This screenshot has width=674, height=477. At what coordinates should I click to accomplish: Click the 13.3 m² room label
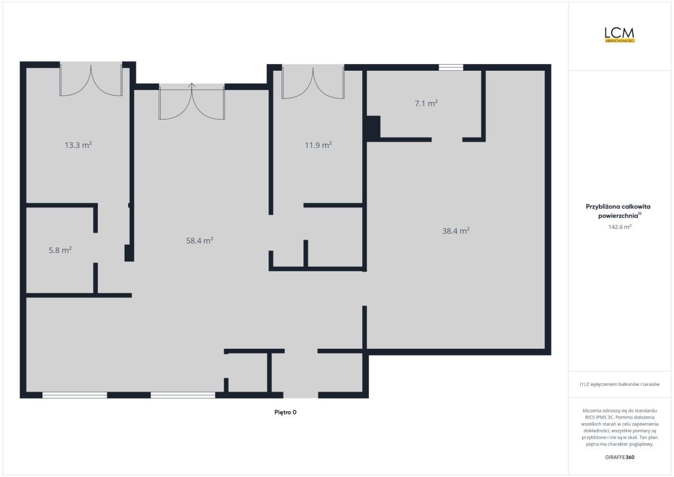coord(78,145)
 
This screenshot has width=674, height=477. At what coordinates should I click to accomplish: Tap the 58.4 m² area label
coord(199,240)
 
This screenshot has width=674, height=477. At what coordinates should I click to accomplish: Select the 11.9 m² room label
coord(318,145)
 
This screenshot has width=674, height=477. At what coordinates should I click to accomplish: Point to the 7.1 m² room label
coord(426,103)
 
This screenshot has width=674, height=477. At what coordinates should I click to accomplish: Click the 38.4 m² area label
coord(456,231)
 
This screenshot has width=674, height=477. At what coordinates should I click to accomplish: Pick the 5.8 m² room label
coord(60,250)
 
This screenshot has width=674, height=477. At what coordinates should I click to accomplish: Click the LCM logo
coord(620,35)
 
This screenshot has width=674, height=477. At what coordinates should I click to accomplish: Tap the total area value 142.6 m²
coord(620,226)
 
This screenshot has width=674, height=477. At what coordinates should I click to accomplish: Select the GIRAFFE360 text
coord(620,457)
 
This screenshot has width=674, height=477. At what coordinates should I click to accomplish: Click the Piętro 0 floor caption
coord(285,412)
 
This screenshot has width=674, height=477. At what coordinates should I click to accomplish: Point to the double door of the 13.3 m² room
coord(91,79)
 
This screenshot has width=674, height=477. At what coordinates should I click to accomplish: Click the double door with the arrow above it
coord(192,102)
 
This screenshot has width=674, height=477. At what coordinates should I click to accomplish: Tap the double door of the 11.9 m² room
coord(313,81)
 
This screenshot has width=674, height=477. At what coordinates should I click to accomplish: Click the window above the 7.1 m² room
coord(450,67)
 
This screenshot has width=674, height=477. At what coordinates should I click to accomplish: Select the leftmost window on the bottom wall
coord(75,395)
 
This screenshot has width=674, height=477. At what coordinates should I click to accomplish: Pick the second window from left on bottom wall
coord(183,395)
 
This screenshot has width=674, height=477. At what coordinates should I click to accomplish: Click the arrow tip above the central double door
coord(192,83)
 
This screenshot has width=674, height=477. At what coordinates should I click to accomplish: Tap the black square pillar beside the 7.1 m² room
coord(374,127)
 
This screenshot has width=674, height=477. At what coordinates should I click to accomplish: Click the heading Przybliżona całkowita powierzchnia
coord(618,211)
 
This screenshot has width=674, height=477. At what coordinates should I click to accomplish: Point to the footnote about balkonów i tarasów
coord(620,384)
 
